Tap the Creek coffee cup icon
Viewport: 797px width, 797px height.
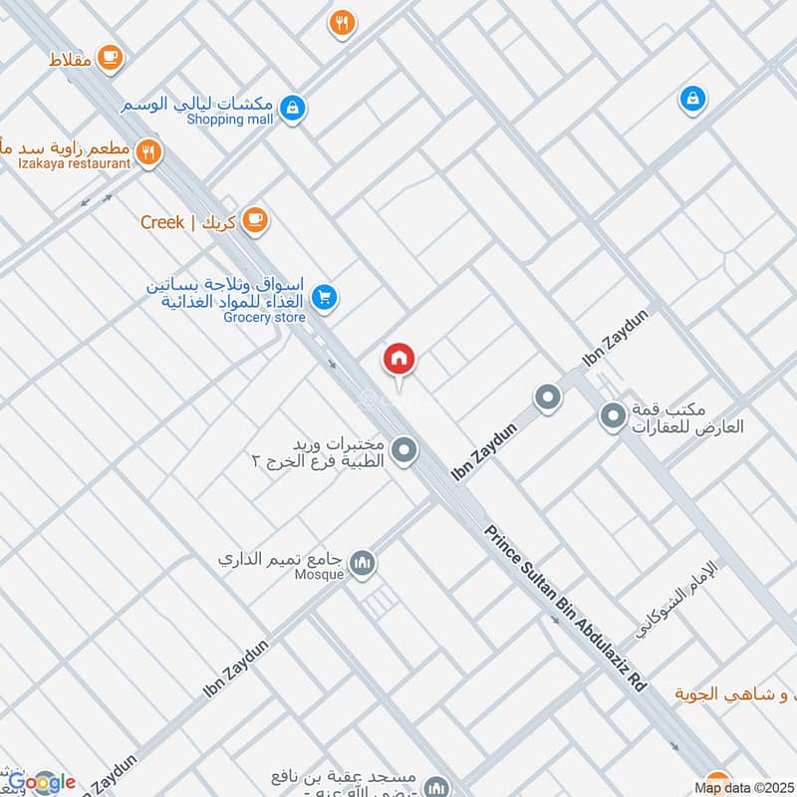click(255, 220)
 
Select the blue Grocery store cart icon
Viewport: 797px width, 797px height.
click(324, 296)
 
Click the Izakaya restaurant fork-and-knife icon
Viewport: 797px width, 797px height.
click(149, 151)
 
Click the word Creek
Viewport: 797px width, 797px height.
click(162, 221)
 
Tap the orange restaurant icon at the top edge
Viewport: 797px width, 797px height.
click(343, 24)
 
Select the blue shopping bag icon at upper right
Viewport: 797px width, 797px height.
click(692, 99)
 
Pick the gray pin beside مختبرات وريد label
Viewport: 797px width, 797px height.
click(403, 451)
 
